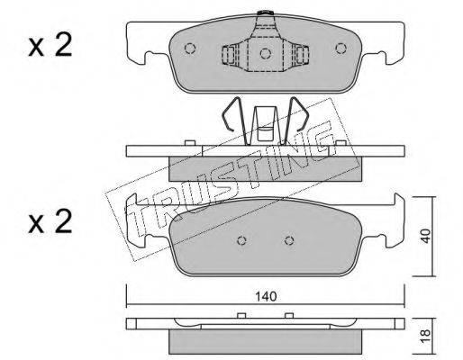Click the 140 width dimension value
click(x=266, y=296)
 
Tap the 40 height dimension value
click(x=425, y=236)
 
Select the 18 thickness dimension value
click(x=425, y=336)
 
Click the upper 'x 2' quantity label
click(x=50, y=44)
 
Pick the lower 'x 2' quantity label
click(x=50, y=221)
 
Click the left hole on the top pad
click(x=190, y=49)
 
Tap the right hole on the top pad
click(x=340, y=49)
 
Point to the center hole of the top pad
click(x=266, y=53)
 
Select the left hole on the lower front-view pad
click(x=241, y=240)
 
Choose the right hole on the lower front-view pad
click(x=289, y=240)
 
